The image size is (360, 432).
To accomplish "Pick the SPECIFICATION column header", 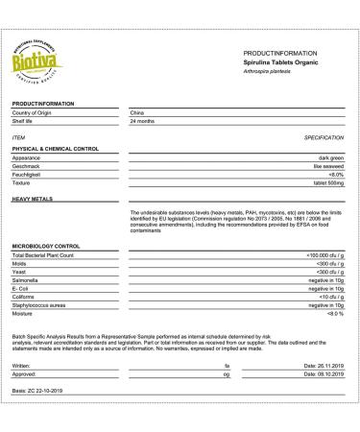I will [x=324, y=138].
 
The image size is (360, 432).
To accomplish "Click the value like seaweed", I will [x=327, y=165].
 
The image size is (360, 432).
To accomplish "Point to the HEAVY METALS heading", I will [x=34, y=199].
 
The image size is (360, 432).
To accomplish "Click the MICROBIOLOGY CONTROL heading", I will [x=45, y=247].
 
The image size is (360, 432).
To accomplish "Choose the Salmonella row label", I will [x=26, y=278].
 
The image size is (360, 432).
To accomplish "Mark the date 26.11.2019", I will [x=323, y=366].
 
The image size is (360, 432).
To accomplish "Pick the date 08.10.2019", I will [x=323, y=374].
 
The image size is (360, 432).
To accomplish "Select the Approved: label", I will [x=26, y=374].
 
